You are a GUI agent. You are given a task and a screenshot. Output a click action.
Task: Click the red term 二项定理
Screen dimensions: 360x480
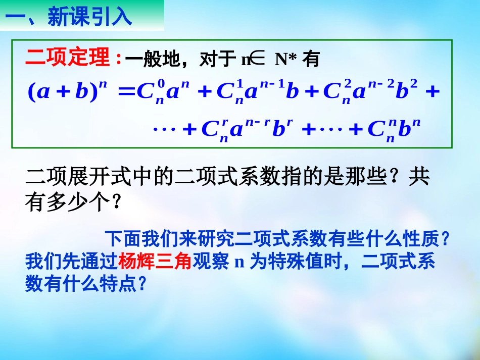coord(68,59)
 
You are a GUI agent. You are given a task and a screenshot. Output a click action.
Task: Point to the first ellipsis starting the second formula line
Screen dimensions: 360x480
coord(163,130)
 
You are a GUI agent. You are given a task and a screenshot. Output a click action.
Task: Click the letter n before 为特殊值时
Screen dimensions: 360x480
coord(240,263)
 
